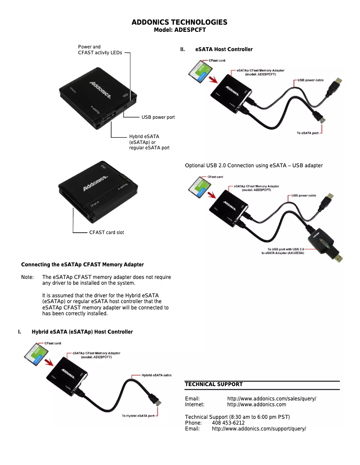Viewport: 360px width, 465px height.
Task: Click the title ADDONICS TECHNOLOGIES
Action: click(x=180, y=22)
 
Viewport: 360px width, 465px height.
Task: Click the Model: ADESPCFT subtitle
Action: click(x=180, y=30)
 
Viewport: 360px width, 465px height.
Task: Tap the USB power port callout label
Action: click(x=158, y=117)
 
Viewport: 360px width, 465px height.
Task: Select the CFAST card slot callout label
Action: click(x=106, y=232)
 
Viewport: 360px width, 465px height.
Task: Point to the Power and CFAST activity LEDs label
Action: click(x=100, y=50)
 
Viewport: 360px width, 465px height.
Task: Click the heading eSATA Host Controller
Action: click(x=224, y=49)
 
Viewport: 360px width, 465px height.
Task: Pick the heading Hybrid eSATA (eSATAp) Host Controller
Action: click(x=82, y=332)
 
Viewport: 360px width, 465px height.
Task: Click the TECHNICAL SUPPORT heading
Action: click(x=214, y=384)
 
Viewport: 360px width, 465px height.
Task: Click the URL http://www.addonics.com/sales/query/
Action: click(x=272, y=399)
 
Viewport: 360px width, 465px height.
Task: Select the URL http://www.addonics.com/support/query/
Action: click(x=259, y=429)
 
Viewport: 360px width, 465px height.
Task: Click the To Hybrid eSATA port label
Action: click(x=138, y=416)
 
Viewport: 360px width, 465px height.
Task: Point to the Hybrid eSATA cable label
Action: click(x=157, y=375)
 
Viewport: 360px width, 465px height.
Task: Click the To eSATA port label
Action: click(x=307, y=133)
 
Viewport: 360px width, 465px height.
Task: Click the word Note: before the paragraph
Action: click(x=27, y=277)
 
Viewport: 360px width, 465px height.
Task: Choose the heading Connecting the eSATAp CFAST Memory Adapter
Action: click(x=83, y=265)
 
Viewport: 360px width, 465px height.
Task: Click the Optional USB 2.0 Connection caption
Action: click(x=254, y=165)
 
